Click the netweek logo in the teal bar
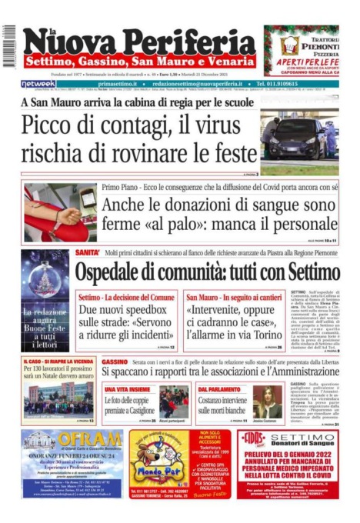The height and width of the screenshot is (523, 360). point(38,83)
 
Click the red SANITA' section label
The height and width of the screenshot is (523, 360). point(87,252)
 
